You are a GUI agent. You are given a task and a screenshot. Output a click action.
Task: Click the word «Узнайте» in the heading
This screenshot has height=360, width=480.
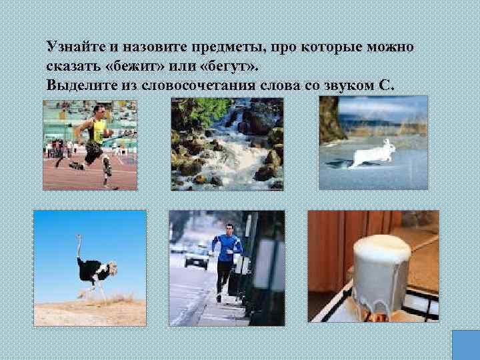click(x=72, y=47)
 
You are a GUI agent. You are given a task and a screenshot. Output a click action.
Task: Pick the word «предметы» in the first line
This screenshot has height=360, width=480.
click(x=221, y=47)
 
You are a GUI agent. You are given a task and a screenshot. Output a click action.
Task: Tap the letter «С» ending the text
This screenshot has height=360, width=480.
click(x=389, y=86)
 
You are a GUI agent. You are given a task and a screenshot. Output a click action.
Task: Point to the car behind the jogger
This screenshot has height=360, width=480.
click(x=196, y=257)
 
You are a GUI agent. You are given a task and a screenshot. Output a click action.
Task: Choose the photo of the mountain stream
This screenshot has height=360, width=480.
click(x=227, y=143)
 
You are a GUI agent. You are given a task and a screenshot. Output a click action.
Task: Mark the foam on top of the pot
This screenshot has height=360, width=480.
click(x=382, y=247)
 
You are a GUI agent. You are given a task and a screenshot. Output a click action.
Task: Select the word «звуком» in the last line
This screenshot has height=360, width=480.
click(x=349, y=86)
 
